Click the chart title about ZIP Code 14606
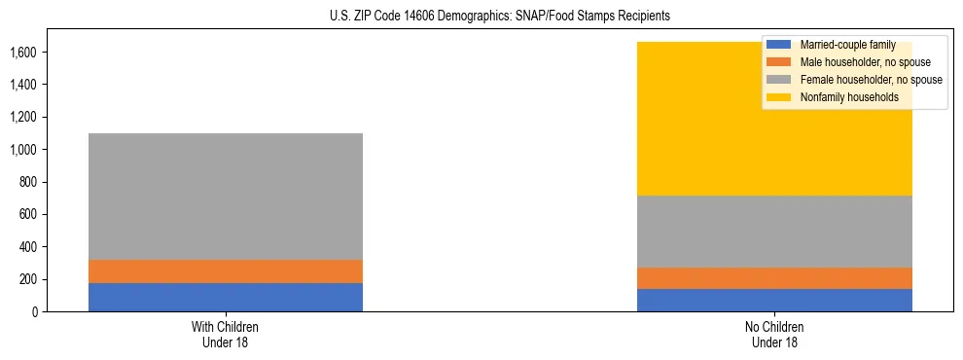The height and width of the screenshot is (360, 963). [x=481, y=17]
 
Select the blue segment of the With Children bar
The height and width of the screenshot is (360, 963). [x=226, y=297]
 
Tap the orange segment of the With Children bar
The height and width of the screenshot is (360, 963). [x=226, y=271]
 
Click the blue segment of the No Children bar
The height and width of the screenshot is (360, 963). [x=774, y=300]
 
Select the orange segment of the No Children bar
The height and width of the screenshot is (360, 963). [x=774, y=278]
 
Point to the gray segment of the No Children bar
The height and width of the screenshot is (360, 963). [x=774, y=232]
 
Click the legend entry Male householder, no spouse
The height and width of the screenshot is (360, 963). [x=853, y=61]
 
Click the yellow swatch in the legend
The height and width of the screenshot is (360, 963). [x=779, y=96]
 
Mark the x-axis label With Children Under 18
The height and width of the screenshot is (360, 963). [x=226, y=335]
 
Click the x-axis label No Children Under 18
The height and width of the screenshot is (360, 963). [x=774, y=335]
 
